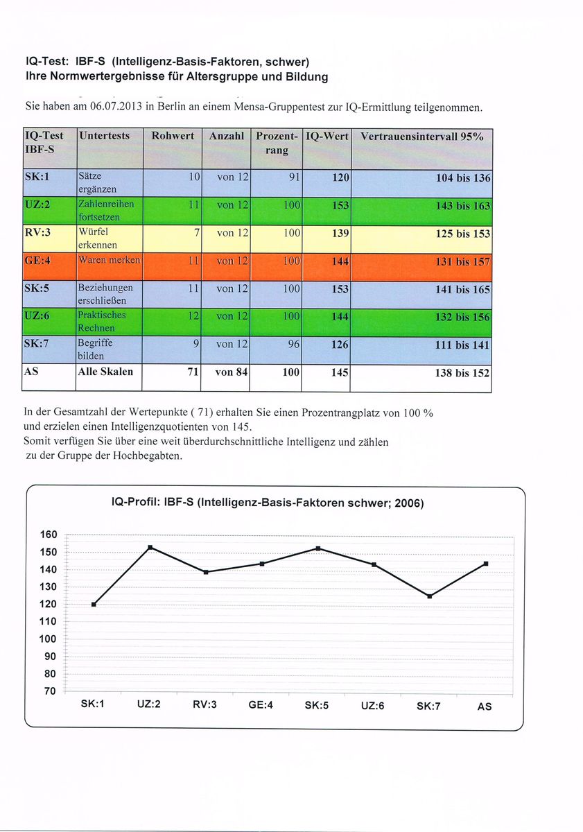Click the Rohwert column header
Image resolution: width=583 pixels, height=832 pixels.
point(173,137)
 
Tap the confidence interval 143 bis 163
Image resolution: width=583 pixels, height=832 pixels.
point(462,206)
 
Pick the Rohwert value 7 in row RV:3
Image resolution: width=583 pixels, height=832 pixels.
point(196,233)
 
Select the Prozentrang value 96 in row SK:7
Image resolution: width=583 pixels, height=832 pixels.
point(293,345)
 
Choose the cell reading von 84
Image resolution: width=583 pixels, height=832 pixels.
point(232,372)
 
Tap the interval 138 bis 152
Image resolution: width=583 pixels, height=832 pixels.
point(462,373)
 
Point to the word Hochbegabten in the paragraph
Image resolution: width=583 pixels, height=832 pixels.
point(146,456)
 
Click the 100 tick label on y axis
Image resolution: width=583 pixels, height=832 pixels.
point(46,639)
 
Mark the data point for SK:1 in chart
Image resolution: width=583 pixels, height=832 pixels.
point(94,604)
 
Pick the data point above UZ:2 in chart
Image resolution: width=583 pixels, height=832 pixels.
point(150,548)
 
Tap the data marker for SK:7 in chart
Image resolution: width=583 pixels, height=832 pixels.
point(429,596)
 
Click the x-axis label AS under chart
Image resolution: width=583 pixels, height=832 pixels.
point(485,707)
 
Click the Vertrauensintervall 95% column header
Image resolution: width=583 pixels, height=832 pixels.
point(421,137)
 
